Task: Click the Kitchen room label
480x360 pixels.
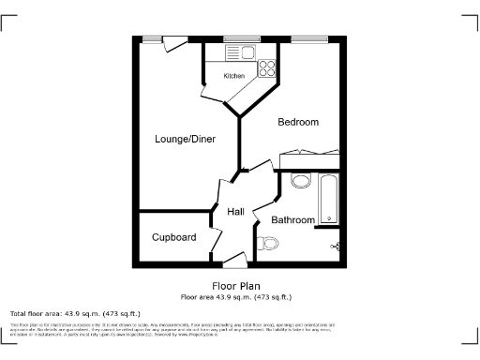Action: (233, 76)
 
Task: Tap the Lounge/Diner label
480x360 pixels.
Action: (185, 139)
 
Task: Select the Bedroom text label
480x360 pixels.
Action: (298, 122)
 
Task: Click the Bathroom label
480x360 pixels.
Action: (292, 220)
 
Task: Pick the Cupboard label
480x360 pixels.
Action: (173, 237)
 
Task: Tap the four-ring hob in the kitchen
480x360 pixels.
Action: (266, 67)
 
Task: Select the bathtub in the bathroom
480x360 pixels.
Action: (328, 198)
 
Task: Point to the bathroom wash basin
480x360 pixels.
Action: (301, 181)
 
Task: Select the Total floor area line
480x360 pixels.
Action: (75, 313)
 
